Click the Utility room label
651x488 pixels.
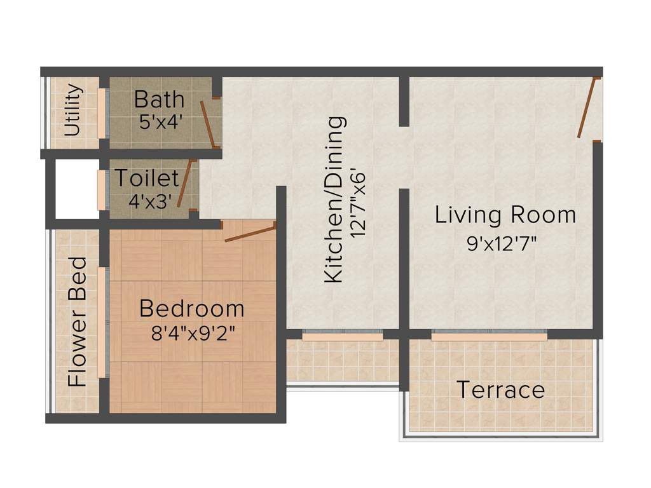(74, 111)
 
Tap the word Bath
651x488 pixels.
(159, 100)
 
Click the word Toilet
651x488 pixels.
(146, 179)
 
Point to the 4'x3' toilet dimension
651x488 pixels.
(151, 201)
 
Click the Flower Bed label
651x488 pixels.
(78, 322)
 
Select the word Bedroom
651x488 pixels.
(191, 309)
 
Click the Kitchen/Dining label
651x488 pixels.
(334, 199)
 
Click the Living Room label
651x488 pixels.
(505, 215)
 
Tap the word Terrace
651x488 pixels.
(501, 389)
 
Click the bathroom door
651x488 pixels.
(207, 123)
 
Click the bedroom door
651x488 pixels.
(250, 233)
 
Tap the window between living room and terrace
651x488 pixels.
(489, 335)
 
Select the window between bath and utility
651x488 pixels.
(102, 112)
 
